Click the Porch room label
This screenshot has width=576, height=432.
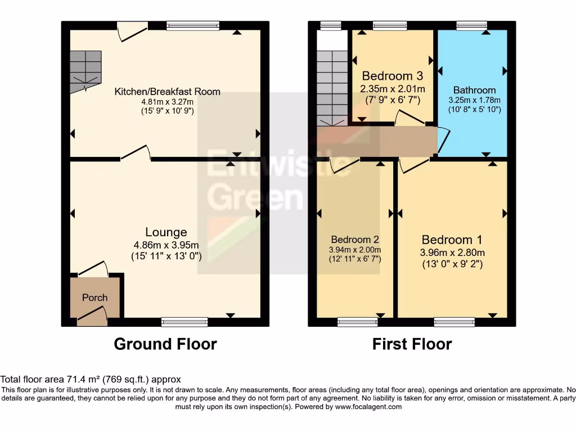click(x=94, y=297)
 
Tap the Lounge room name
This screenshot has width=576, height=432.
click(x=166, y=232)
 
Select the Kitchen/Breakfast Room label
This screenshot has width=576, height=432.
click(x=168, y=91)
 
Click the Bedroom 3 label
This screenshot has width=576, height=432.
click(x=392, y=76)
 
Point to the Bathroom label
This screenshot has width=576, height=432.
click(x=474, y=90)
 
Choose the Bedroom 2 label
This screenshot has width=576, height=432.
click(x=355, y=240)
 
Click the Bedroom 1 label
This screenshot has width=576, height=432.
click(x=452, y=239)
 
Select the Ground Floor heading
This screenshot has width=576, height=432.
click(x=165, y=344)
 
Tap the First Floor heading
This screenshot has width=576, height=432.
click(x=412, y=344)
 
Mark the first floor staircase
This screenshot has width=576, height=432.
click(x=331, y=87)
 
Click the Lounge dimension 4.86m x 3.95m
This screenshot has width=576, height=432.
click(x=166, y=245)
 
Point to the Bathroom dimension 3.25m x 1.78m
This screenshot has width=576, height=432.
click(x=474, y=100)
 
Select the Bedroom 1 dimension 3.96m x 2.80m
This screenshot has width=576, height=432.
click(x=452, y=252)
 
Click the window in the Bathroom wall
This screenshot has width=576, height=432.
click(x=471, y=25)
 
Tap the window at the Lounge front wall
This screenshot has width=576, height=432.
click(x=184, y=322)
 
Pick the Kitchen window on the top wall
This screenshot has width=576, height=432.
click(x=193, y=25)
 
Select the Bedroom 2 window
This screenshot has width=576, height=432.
click(x=354, y=322)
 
